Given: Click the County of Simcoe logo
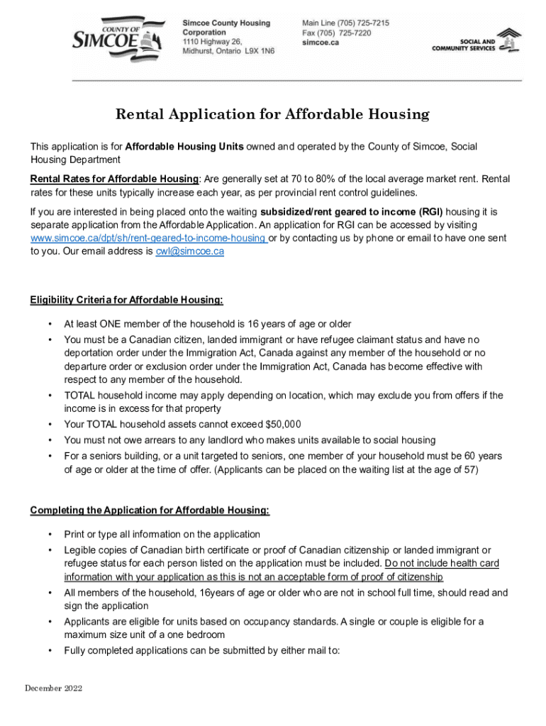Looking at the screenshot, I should coord(112,40).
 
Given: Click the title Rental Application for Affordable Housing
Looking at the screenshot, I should coord(272,114).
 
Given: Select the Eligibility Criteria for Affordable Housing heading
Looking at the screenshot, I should coord(126,300).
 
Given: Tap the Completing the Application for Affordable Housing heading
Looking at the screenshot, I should coord(150,510).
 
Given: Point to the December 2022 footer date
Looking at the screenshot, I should coord(54,688).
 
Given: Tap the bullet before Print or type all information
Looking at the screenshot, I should coord(50,535).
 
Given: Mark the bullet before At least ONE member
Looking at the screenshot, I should coord(50,324).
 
